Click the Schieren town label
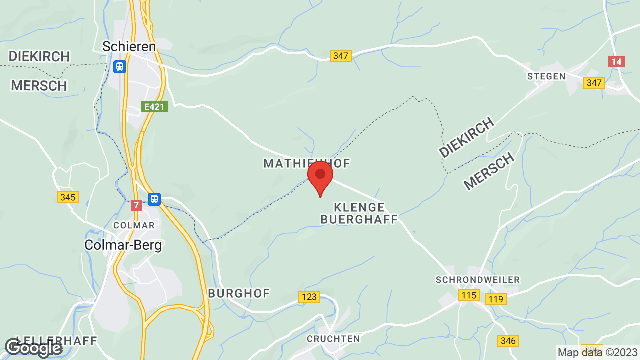coord(129,46)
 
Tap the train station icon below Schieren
coord(120,66)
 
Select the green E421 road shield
coord(155,107)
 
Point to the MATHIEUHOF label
coord(307,163)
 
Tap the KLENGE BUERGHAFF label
coord(359,213)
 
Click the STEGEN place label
coord(546,76)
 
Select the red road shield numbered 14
coord(617,62)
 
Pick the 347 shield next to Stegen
coord(594,83)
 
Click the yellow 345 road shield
coord(67,197)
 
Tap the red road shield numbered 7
coord(136,205)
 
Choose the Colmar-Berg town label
coord(123,245)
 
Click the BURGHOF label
coord(239,293)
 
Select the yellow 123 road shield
coord(309,297)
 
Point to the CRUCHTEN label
coord(333,338)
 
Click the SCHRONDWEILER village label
coord(478,280)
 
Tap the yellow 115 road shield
coord(469,295)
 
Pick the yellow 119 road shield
coord(496,299)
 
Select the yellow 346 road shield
coord(508,341)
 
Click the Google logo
coord(33,348)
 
